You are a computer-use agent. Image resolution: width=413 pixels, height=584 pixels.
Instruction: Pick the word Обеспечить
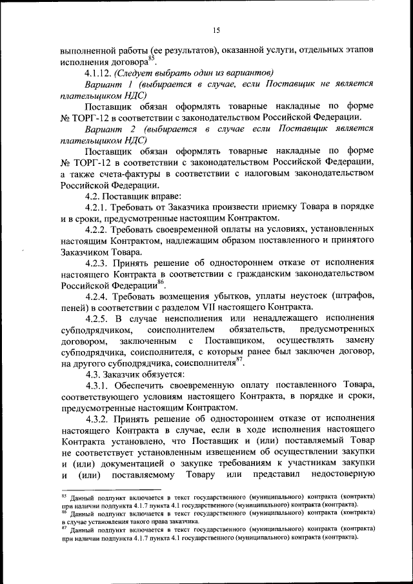point(141,385)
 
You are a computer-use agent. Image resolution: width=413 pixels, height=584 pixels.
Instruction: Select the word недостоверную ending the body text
point(335,476)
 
